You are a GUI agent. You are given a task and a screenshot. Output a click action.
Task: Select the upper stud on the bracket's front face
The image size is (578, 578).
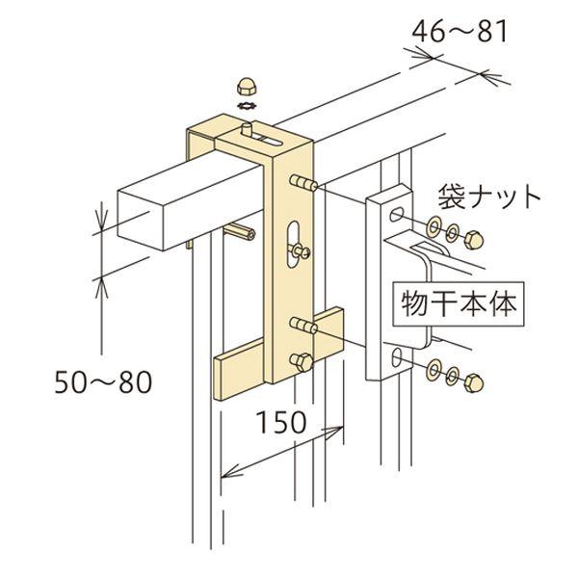(302, 182)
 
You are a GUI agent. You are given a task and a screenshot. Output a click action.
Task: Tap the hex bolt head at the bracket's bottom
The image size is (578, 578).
(299, 362)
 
